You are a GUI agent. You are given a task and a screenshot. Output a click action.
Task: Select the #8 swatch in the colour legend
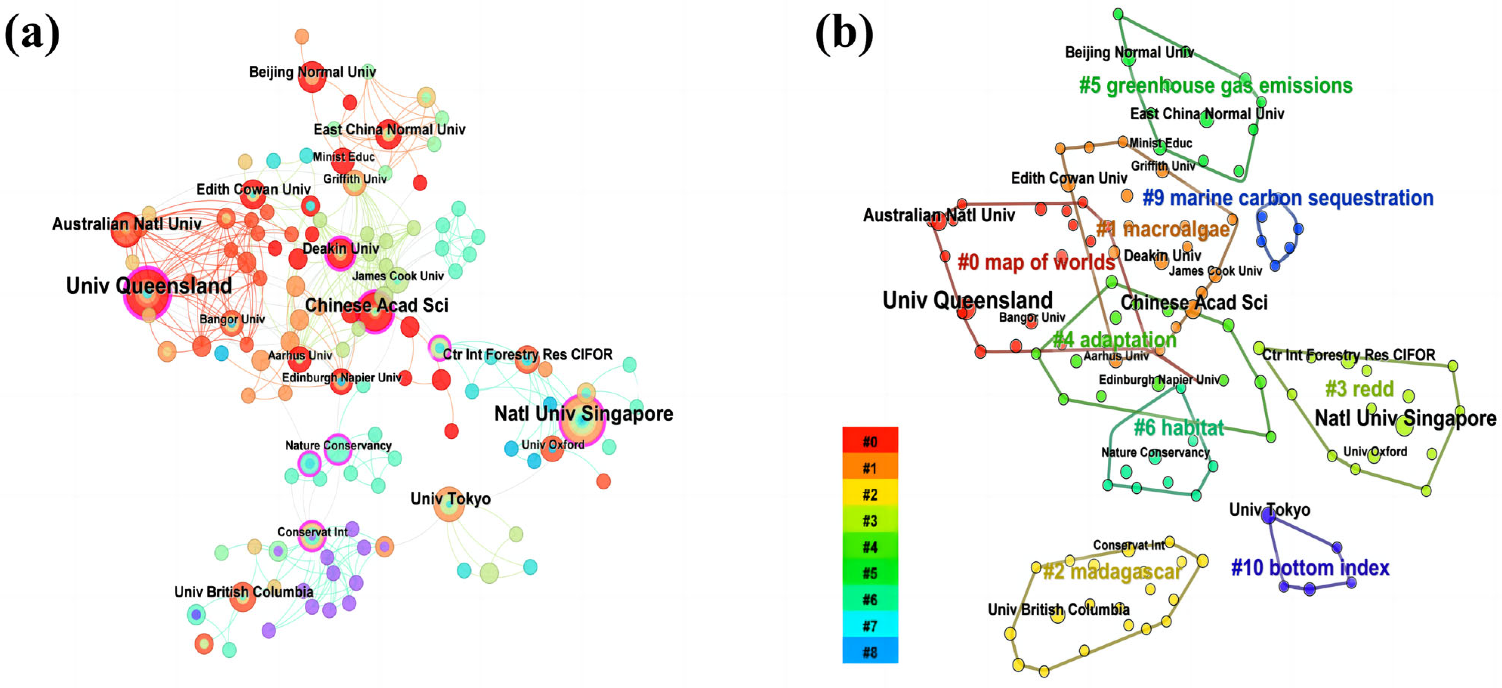click(869, 651)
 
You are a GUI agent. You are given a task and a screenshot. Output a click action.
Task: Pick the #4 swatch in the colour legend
click(869, 546)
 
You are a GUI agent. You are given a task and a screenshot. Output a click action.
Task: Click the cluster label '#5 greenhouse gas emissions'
click(1215, 86)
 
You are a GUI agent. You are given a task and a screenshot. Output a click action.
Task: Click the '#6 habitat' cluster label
click(1178, 427)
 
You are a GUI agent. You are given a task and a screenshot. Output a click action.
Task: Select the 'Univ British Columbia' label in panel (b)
click(1058, 609)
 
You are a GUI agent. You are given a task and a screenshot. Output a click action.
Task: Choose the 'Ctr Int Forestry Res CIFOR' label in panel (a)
click(527, 355)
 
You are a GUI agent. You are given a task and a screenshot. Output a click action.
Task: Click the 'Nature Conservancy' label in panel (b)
click(1155, 452)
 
